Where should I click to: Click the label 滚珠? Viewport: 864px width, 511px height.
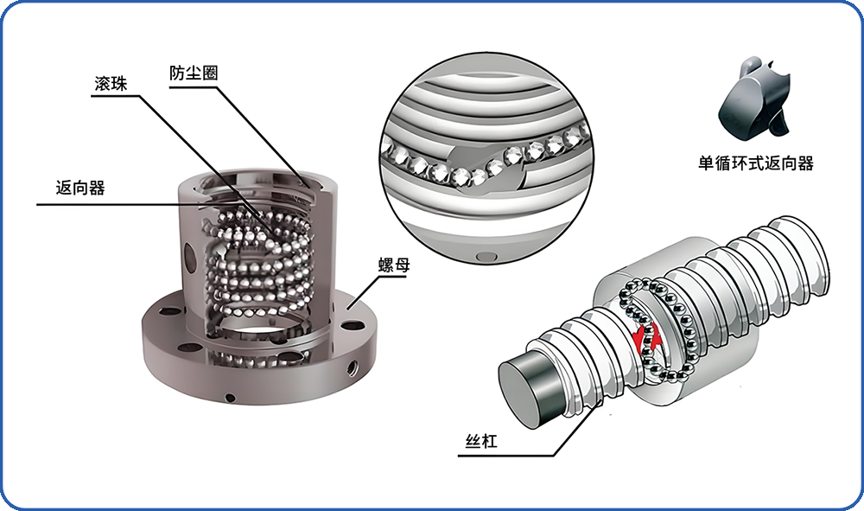click(x=111, y=84)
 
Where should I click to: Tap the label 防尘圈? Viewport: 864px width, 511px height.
click(x=194, y=73)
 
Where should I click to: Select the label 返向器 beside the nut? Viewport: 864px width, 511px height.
click(x=79, y=188)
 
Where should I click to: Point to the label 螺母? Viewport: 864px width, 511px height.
click(x=394, y=265)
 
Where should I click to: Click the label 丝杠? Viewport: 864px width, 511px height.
click(x=481, y=441)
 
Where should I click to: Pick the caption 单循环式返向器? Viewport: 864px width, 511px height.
click(x=755, y=163)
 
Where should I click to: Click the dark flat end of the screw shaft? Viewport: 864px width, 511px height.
click(x=530, y=393)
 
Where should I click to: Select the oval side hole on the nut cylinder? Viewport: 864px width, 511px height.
click(x=189, y=259)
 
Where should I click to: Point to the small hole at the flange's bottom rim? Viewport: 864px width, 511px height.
click(x=231, y=398)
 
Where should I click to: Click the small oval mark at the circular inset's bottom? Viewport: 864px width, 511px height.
click(x=486, y=256)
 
